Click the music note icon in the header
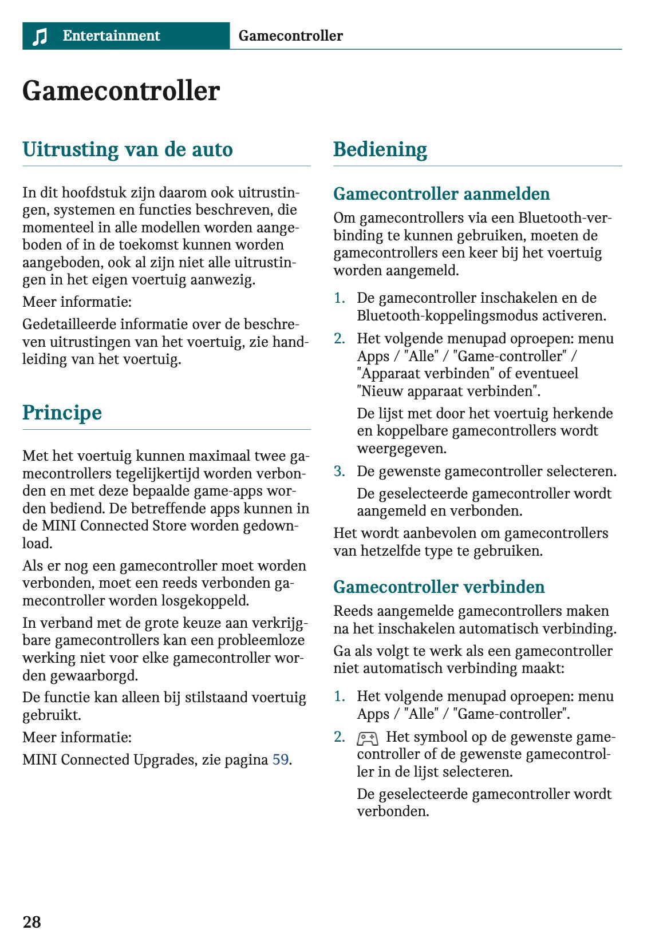[x=40, y=37]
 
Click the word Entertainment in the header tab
[x=111, y=36]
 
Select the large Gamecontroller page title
[x=121, y=91]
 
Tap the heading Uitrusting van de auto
[x=127, y=149]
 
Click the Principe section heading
[x=62, y=413]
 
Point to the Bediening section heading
[x=380, y=149]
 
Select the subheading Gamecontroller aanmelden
[x=441, y=194]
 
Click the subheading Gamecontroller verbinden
[x=439, y=587]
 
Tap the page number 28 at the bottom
[x=31, y=921]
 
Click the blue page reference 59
[x=280, y=760]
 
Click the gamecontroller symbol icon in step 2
[x=367, y=738]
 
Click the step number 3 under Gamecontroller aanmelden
[x=339, y=472]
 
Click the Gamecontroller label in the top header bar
[x=290, y=36]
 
